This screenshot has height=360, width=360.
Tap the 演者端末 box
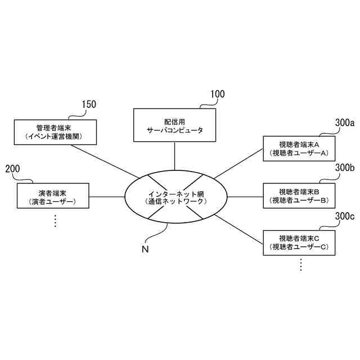54,196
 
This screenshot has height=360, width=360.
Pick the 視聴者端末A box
299,148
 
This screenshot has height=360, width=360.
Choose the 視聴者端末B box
299,196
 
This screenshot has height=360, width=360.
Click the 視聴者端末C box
299,243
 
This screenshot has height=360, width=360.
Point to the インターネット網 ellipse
175,197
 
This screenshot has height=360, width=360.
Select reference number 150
89,104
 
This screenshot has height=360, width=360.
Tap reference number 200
12,168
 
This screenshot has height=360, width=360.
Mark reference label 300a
344,123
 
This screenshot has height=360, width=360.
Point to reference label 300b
344,167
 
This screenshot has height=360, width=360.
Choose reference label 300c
344,216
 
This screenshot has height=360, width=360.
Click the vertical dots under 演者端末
55,221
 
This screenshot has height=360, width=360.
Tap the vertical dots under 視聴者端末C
301,265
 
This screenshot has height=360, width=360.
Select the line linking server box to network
174,156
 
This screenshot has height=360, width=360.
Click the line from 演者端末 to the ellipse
107,197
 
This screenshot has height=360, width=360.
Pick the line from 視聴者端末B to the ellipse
244,197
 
